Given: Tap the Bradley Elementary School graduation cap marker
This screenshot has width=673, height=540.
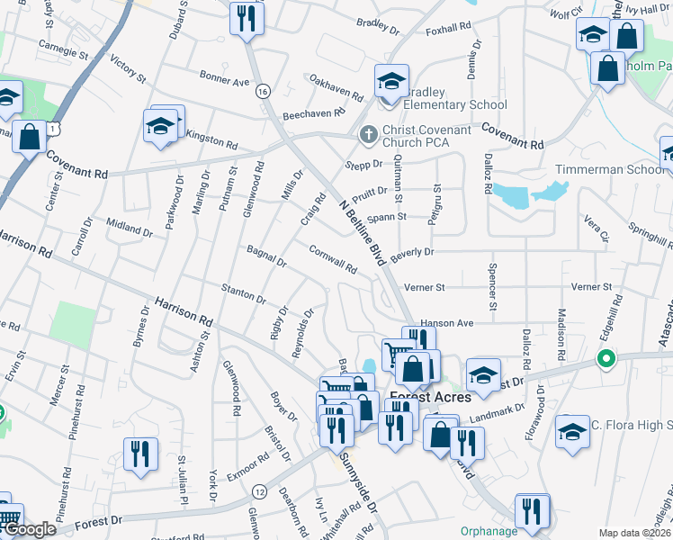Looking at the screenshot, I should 391,81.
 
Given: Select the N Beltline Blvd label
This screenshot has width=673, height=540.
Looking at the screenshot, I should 363,232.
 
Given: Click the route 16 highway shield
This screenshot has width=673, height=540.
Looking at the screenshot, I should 263,91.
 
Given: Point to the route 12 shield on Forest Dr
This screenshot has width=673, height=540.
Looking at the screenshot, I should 260,490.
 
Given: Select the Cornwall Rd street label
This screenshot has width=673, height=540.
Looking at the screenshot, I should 333,260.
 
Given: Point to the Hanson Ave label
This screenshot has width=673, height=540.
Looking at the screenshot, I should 446,322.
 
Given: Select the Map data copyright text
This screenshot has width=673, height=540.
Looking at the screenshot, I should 635,533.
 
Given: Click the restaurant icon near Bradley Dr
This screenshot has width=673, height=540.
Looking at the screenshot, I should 244,18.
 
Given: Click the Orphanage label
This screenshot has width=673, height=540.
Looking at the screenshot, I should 489,531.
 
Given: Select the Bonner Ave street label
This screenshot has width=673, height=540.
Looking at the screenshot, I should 224,80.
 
